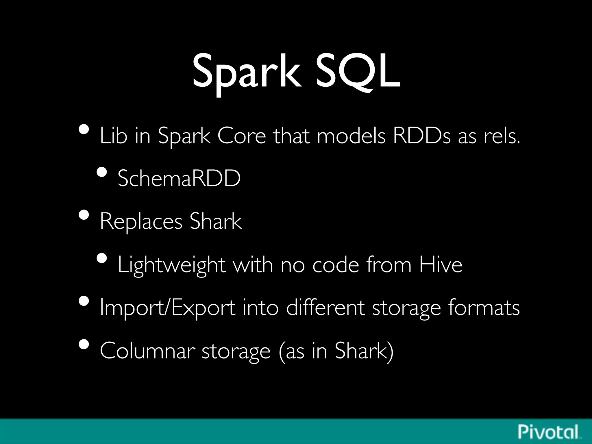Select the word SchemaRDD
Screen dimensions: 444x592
[179, 178]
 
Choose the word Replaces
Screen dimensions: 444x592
[141, 221]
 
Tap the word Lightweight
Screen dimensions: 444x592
[171, 265]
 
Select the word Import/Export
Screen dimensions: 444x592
[167, 308]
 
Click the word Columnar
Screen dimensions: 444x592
[147, 350]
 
